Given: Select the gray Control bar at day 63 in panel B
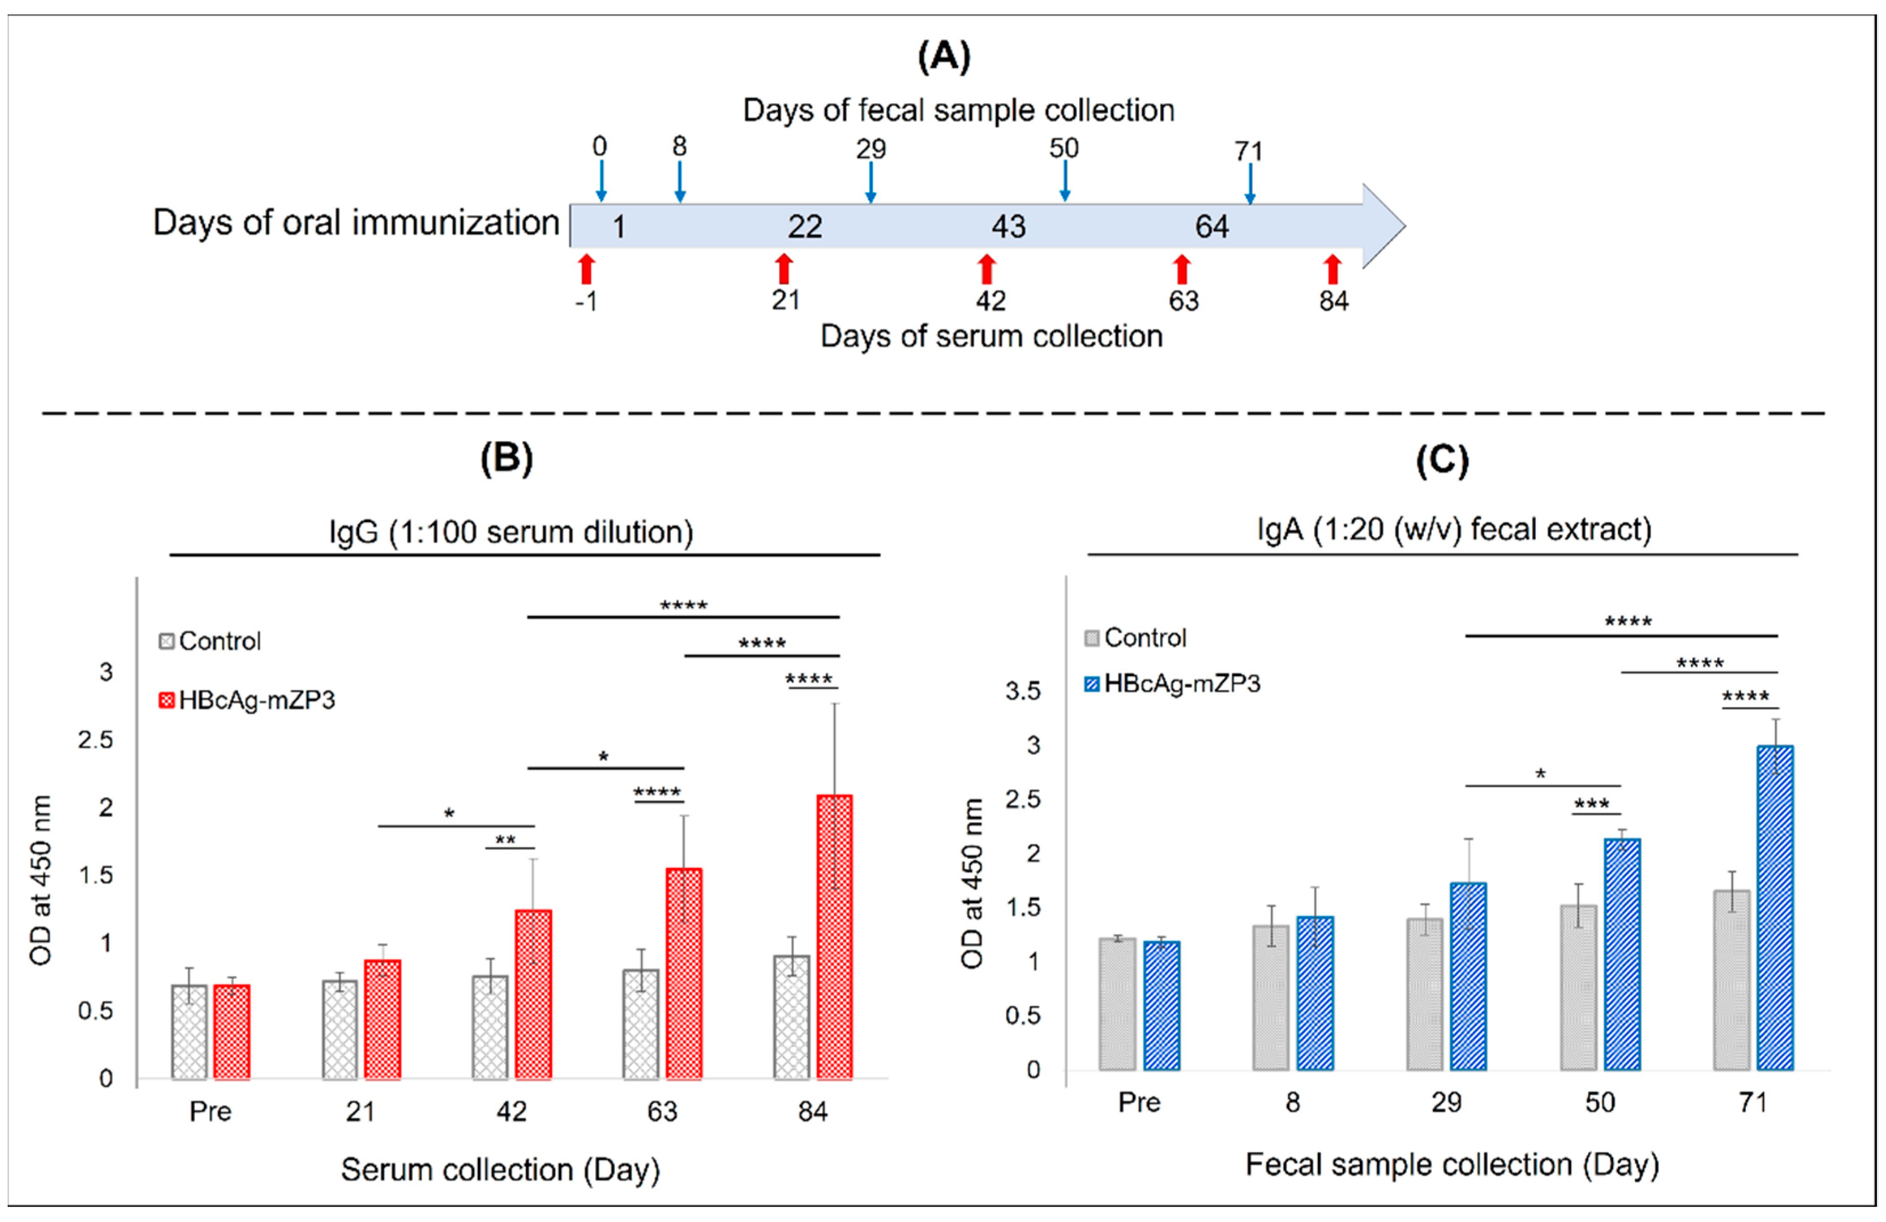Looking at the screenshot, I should pyautogui.click(x=640, y=1023).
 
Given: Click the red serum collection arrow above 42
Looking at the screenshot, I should pyautogui.click(x=986, y=269).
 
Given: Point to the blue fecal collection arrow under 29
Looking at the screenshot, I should pyautogui.click(x=871, y=182).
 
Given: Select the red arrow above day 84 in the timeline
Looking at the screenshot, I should pyautogui.click(x=1332, y=269).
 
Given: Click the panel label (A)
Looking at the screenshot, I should pyautogui.click(x=943, y=57).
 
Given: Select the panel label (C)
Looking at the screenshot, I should pyautogui.click(x=1442, y=460).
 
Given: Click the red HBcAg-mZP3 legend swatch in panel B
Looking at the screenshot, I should pyautogui.click(x=167, y=701).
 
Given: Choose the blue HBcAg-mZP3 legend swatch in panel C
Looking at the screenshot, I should pyautogui.click(x=1092, y=683).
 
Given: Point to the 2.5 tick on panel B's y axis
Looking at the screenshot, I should pyautogui.click(x=95, y=740).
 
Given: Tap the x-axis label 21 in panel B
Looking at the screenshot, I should pyautogui.click(x=361, y=1111).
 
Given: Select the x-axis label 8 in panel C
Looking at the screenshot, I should pyautogui.click(x=1293, y=1102).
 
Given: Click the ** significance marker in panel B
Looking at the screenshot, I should pyautogui.click(x=505, y=840).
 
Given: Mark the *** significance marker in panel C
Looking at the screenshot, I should pyautogui.click(x=1591, y=804).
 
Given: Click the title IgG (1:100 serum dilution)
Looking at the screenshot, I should pyautogui.click(x=511, y=532).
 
